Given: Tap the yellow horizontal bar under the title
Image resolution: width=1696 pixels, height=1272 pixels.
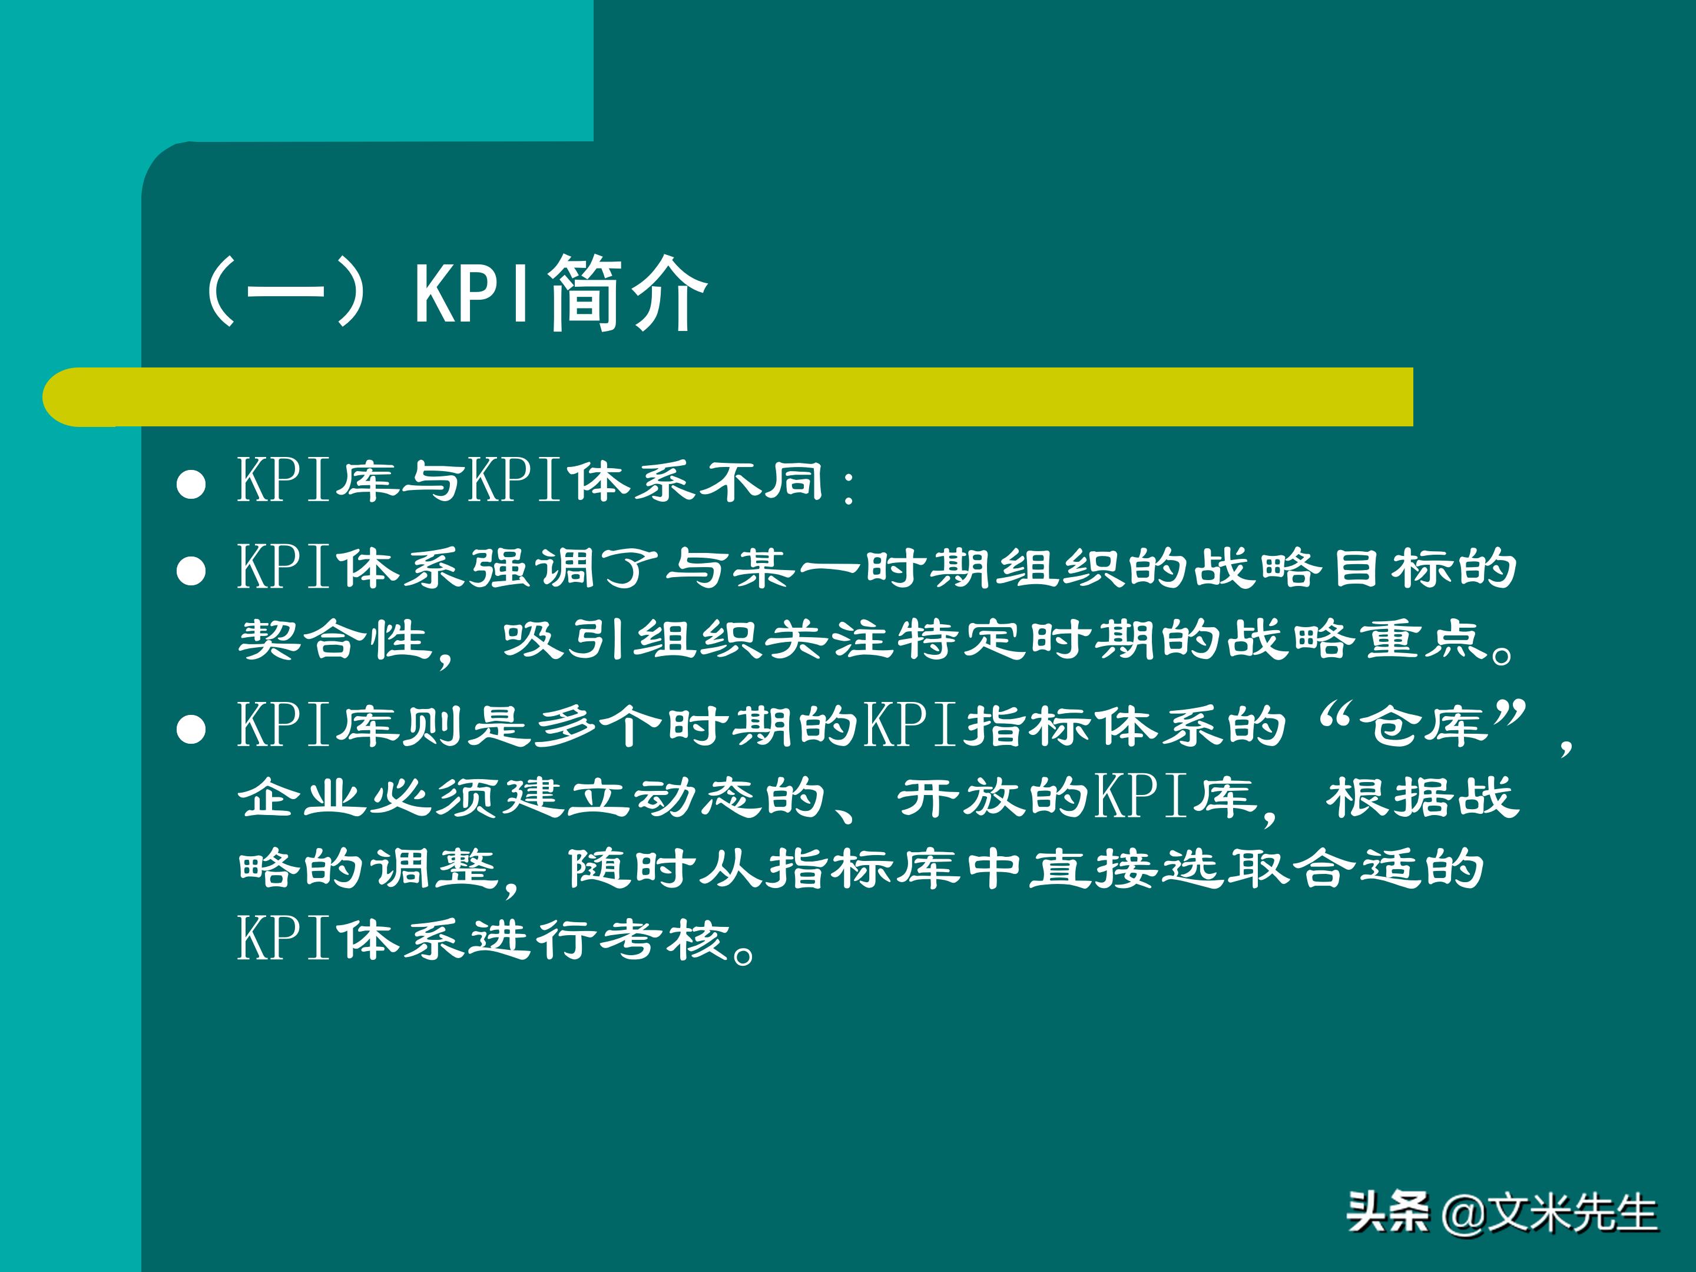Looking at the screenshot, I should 728,396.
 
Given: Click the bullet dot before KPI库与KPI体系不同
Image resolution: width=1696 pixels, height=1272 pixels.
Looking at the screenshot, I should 191,485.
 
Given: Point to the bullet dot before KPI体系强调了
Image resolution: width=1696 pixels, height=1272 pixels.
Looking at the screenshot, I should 191,571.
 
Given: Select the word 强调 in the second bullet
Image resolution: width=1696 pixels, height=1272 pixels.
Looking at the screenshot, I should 501,569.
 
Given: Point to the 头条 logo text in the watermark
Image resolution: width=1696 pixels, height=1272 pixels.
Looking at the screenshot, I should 1389,1213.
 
